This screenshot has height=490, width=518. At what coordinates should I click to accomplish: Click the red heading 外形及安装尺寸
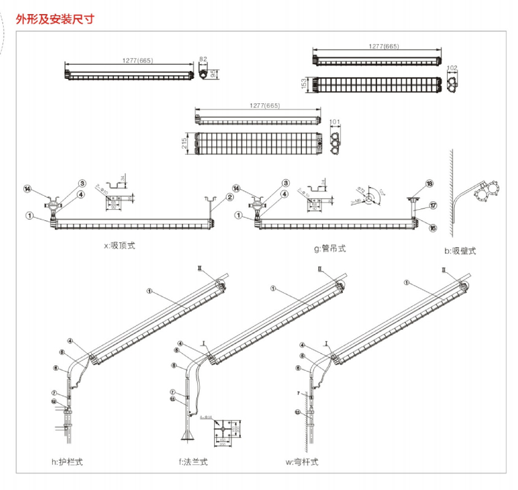pos(54,19)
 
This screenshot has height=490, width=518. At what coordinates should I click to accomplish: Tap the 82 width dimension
pos(203,59)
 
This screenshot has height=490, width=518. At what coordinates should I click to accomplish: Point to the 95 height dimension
pos(215,74)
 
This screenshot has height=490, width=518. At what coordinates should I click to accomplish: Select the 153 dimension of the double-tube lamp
pos(305,84)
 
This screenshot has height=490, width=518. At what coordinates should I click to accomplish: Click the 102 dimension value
pos(452,68)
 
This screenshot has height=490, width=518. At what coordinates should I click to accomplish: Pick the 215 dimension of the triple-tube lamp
pos(184,143)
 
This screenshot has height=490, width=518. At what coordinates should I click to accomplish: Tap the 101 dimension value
pos(334,122)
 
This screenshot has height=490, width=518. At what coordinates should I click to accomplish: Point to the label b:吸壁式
pos(461,251)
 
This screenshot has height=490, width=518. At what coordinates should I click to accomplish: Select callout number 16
pos(432,228)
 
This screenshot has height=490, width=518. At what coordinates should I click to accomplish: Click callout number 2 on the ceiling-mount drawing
pos(230,197)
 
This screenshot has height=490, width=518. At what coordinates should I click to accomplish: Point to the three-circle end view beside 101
pos(334,144)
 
